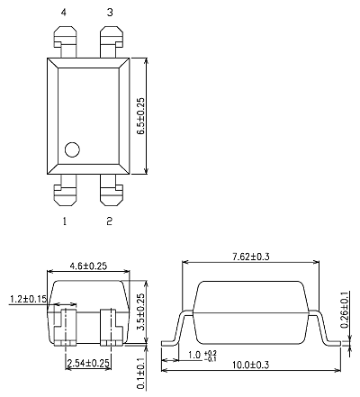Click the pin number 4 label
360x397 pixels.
(64, 13)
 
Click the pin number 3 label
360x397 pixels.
(111, 13)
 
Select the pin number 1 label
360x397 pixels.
(64, 220)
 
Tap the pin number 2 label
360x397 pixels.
(110, 220)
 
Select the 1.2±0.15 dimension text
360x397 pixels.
(26, 298)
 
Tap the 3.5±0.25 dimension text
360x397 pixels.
(139, 311)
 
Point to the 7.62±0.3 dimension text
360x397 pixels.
(250, 257)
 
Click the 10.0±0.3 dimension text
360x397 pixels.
(254, 365)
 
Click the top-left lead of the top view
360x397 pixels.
(64, 41)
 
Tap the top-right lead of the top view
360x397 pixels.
(111, 41)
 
